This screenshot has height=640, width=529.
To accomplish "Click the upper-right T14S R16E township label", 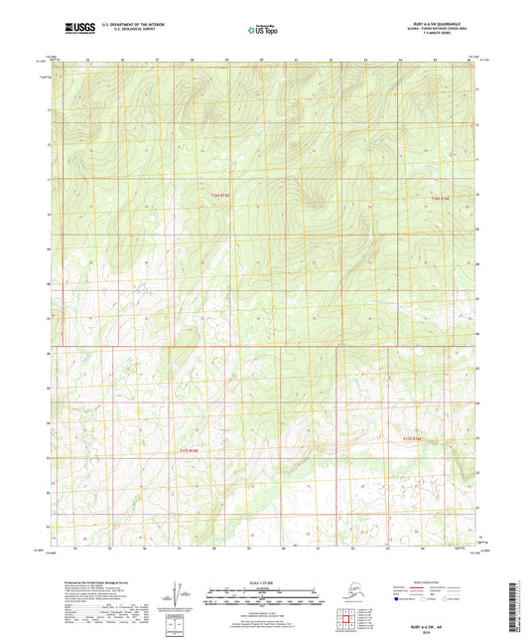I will [441, 199].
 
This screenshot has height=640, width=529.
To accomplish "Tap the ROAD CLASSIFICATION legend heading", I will [432, 581].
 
